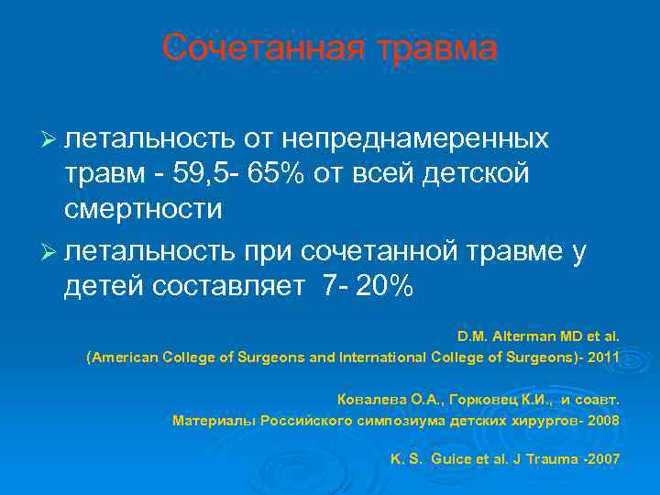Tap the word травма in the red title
[439, 49]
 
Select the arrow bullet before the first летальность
[51, 139]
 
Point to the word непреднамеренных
[418, 139]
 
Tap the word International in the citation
[379, 358]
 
